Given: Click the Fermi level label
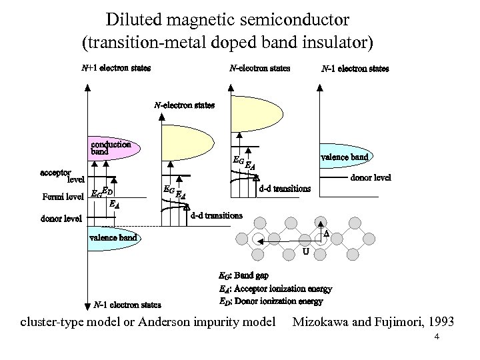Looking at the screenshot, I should tap(63, 197).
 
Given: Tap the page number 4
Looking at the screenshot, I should tap(436, 337).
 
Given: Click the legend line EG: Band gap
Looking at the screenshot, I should tap(243, 275).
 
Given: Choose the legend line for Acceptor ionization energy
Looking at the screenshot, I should tap(275, 289).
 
